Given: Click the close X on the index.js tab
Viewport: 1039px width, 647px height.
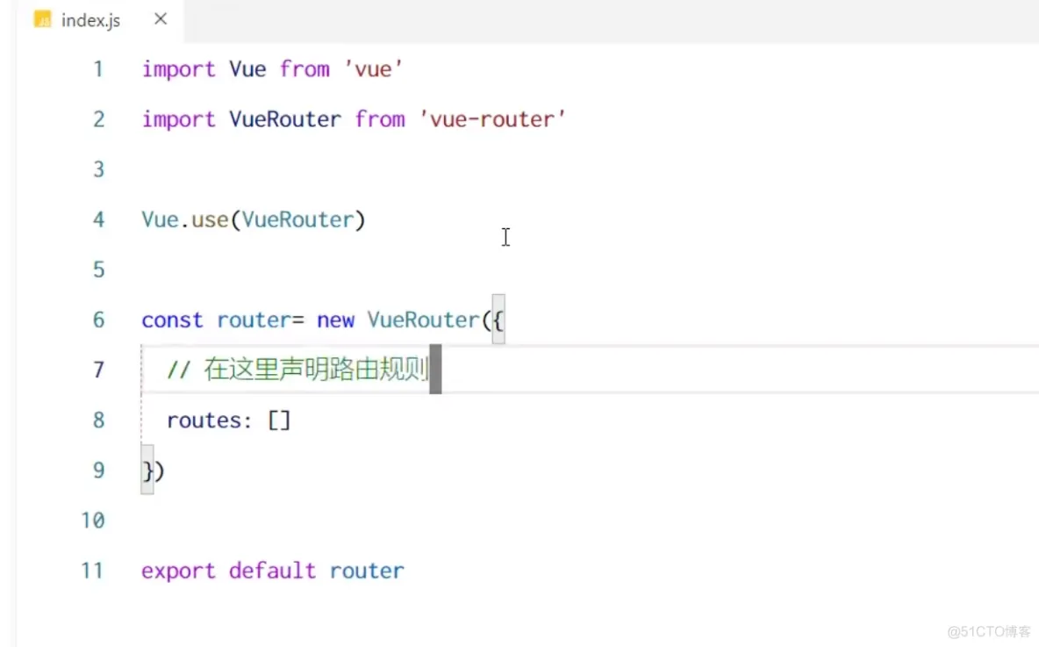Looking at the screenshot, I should tap(161, 18).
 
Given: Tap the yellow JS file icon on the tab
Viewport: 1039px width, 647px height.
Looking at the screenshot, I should tap(42, 19).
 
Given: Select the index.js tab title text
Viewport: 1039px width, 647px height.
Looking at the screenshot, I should tap(90, 20).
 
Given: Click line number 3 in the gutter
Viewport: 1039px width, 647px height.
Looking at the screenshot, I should tap(98, 169).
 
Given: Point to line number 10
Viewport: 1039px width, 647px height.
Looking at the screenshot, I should tap(93, 521).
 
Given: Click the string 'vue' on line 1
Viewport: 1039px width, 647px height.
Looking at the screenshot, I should tap(374, 69).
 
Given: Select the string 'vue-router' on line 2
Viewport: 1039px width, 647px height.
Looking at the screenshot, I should tap(492, 119).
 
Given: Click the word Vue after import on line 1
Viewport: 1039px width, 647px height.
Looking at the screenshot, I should tap(247, 69).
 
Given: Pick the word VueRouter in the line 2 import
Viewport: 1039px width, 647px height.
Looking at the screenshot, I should tap(285, 119).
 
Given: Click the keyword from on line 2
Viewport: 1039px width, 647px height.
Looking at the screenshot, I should tap(380, 119).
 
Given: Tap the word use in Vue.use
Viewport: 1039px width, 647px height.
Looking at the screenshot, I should tap(210, 219).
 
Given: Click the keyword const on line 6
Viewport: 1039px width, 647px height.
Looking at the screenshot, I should tap(172, 320).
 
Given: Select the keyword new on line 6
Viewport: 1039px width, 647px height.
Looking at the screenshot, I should tap(335, 320).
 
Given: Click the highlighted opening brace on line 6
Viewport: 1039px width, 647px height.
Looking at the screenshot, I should tap(498, 320).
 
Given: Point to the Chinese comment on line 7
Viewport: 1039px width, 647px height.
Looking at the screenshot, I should tap(316, 370).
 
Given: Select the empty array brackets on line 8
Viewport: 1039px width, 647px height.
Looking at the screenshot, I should tap(279, 421).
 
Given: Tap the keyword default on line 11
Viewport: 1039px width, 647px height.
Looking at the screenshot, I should tap(272, 572).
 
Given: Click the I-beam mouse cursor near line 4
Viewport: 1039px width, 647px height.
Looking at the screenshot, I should tap(505, 237).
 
